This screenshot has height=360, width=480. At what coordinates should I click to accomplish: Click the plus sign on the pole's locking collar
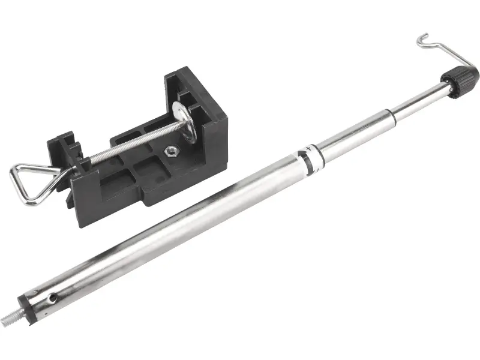pos(309,147)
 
